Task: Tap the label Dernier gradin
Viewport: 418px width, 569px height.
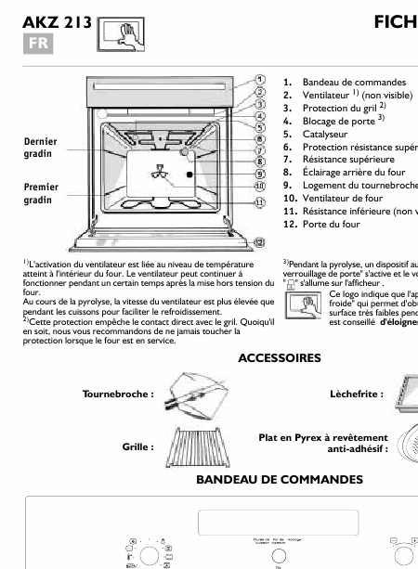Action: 39,148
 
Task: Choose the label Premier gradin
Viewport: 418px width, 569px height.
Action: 40,194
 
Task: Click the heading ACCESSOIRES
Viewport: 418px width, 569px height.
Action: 280,357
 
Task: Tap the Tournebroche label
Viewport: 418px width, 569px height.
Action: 118,394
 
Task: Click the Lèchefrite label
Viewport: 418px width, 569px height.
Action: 356,394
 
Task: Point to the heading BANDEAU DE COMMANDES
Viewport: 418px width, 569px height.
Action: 280,479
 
